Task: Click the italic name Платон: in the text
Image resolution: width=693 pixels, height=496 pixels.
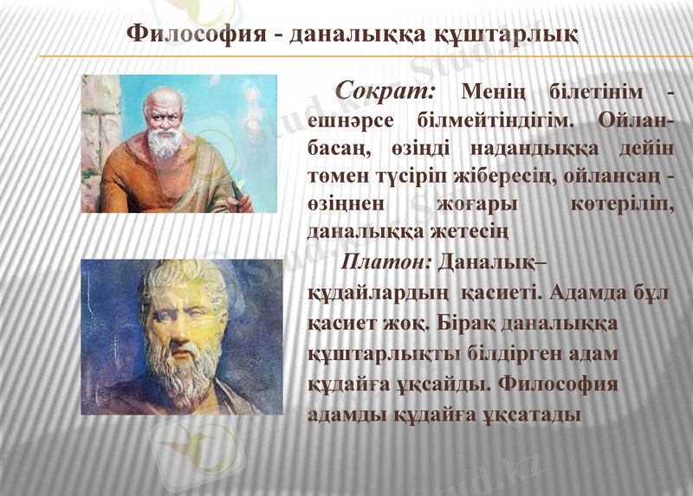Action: pos(387,261)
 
